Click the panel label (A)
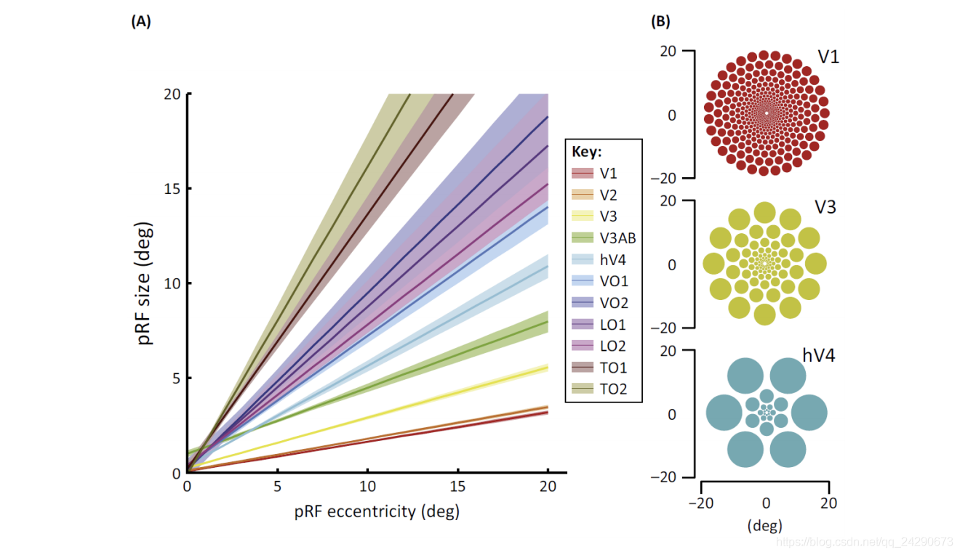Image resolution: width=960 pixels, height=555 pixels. pos(141,21)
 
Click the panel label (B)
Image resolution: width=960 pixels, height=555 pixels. pos(660,21)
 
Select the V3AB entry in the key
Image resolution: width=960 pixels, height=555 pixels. pos(617,238)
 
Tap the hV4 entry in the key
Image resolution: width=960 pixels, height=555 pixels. pos(613,259)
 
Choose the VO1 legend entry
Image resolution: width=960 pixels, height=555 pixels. pos(613,281)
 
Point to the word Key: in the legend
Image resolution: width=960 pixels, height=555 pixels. pos(585,153)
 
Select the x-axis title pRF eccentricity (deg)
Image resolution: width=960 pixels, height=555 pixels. pos(377,512)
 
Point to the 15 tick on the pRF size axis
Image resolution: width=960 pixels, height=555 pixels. pos(173,189)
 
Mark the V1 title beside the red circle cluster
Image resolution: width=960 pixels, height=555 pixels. pos(828,57)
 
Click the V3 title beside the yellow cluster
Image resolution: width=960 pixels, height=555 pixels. pos(825,207)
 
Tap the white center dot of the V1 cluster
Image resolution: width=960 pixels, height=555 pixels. pos(766,113)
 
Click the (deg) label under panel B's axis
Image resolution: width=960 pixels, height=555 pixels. pos(764,525)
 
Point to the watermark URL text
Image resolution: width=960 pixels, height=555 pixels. pos(865,542)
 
